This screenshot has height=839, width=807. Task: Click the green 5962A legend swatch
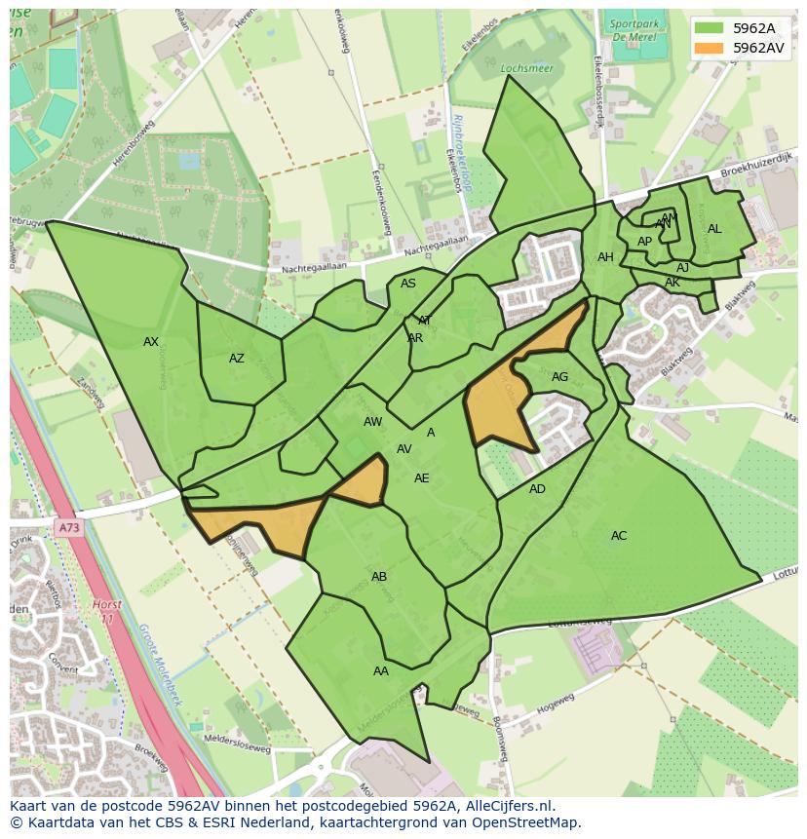709,28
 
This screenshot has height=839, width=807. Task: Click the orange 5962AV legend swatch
709,47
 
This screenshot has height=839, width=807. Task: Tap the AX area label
151,342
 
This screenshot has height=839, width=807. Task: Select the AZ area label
237,359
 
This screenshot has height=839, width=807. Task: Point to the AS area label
408,284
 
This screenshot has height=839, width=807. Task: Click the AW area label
373,422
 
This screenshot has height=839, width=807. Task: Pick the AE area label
422,478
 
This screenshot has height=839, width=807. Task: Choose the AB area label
379,577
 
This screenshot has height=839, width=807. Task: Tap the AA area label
381,671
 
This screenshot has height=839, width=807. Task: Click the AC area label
619,536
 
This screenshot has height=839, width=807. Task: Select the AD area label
538,489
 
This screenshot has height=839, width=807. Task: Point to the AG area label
559,377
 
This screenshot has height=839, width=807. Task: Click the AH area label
606,257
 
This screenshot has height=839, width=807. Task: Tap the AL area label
714,229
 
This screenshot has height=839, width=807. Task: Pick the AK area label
672,283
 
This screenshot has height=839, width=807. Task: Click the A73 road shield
68,528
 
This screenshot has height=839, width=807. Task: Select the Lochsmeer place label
519,69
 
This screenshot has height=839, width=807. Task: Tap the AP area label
644,242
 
